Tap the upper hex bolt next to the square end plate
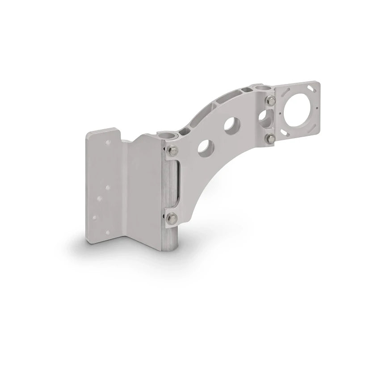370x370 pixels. click(x=270, y=101)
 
